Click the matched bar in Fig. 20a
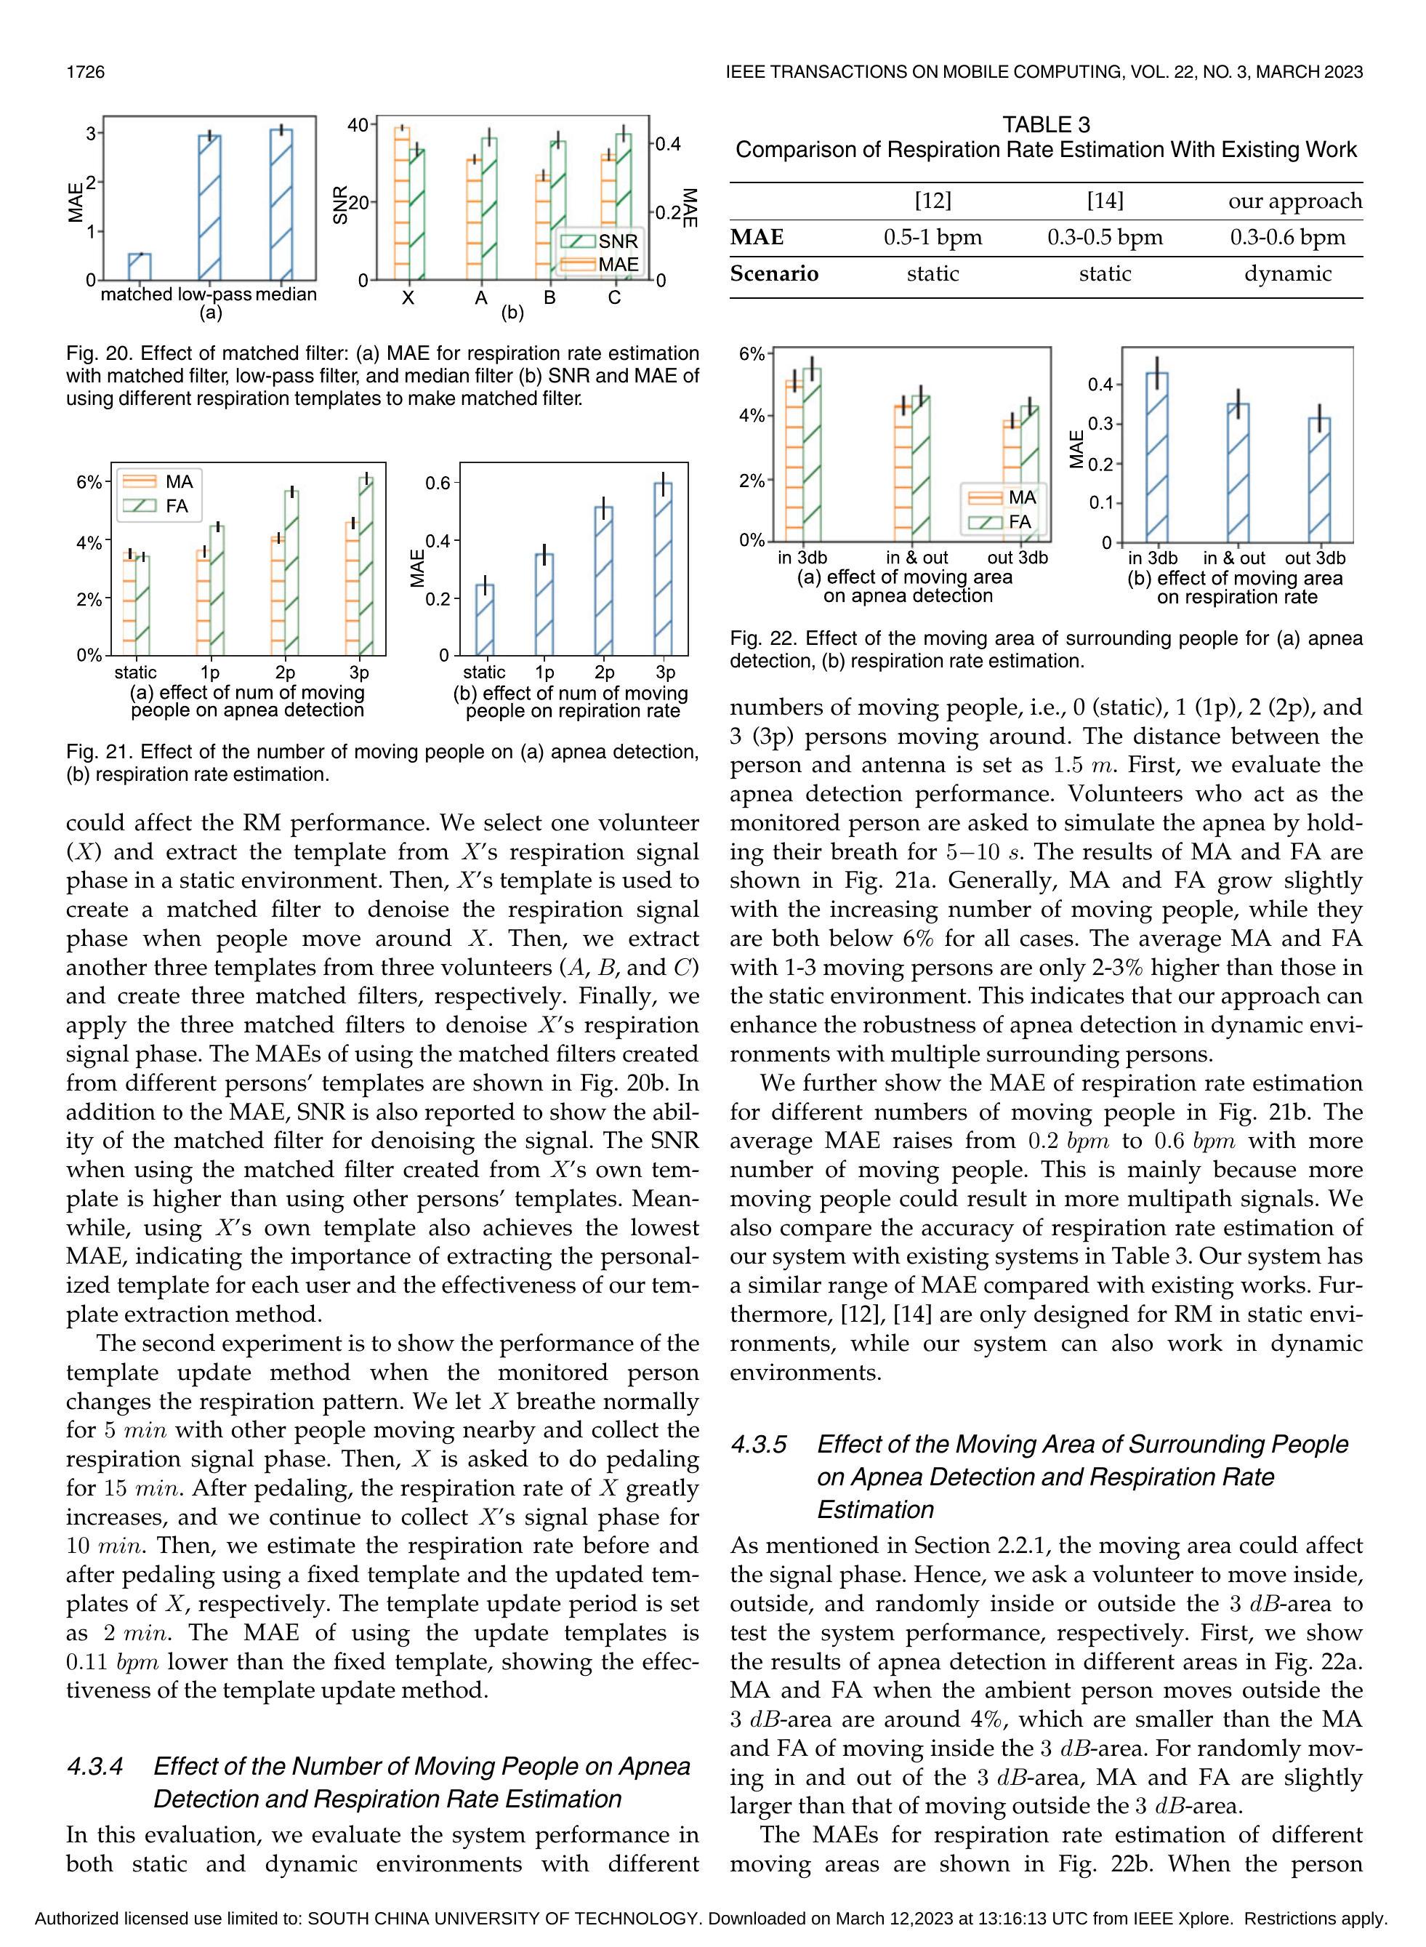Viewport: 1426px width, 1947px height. tap(140, 267)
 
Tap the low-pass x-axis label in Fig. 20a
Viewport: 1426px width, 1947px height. tap(215, 294)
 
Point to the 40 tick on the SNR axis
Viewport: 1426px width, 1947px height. tap(358, 125)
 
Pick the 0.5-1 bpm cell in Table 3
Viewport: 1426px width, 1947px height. tap(932, 238)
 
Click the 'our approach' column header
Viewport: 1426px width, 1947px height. tap(1294, 201)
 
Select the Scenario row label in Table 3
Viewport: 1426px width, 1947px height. tap(774, 273)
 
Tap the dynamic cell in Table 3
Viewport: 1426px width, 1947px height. tap(1288, 273)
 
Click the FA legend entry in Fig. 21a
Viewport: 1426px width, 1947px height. tap(163, 506)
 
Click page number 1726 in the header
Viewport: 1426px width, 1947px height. tap(86, 72)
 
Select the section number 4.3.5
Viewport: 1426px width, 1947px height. tap(759, 1445)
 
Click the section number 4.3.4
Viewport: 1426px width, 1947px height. tap(95, 1767)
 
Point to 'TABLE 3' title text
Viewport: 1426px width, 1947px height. tap(1046, 125)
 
